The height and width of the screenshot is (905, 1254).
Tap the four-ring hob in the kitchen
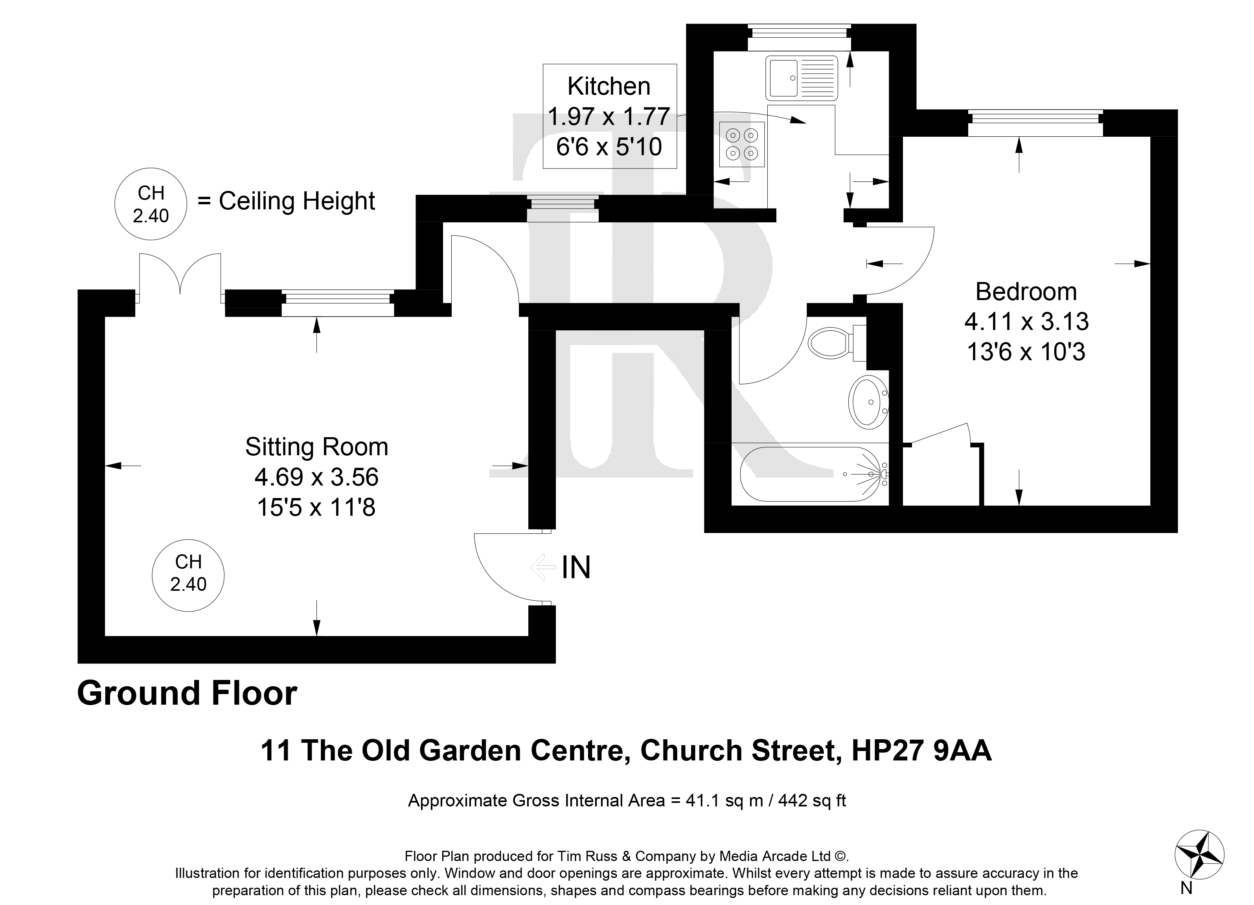pos(742,144)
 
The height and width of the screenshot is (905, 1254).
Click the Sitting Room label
pos(317,447)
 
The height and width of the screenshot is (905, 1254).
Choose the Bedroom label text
pos(1026,292)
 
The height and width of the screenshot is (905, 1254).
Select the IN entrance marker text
pos(576,568)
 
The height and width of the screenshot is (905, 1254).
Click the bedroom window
pos(1035,123)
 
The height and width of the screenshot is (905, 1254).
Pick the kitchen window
pos(800,38)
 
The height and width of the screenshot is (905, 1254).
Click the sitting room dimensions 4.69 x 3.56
pos(317,477)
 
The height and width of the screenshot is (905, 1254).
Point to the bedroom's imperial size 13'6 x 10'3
pos(1026,352)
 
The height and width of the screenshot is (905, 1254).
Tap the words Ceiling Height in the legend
pos(297,201)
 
